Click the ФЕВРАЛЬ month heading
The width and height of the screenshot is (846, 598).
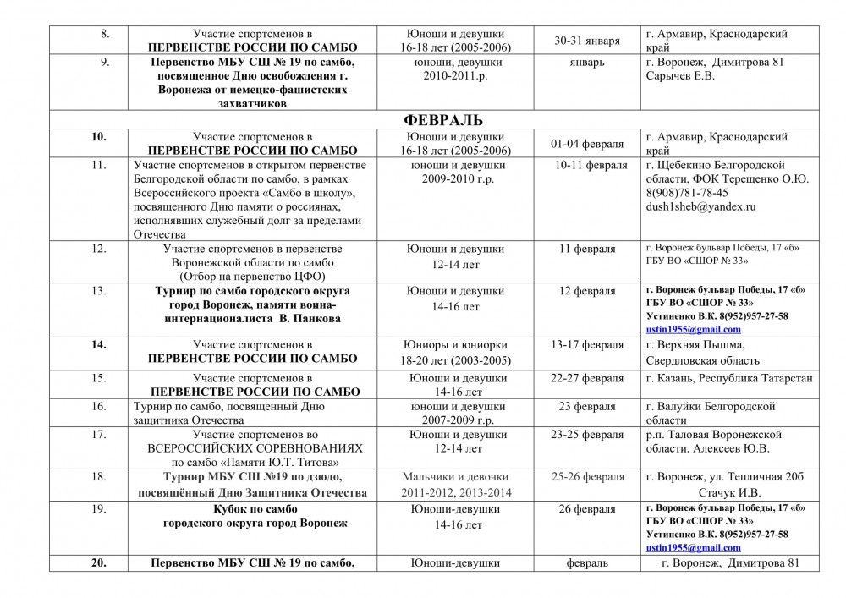click(448, 119)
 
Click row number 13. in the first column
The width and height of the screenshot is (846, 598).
click(98, 291)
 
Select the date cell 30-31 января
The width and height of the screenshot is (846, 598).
click(587, 41)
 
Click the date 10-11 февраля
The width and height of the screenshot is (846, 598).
click(591, 165)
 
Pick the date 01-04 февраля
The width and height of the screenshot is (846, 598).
click(589, 143)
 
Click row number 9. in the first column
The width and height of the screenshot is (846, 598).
click(105, 62)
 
